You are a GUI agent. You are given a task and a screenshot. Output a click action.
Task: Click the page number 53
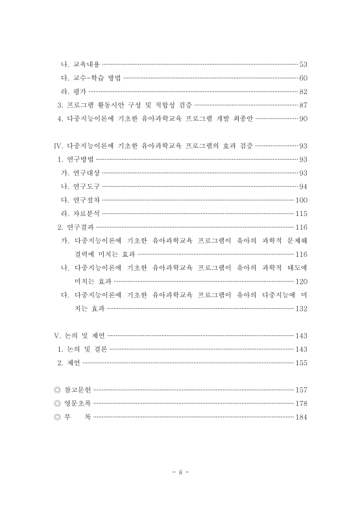pyautogui.click(x=303, y=65)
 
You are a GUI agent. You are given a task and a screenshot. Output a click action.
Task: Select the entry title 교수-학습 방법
pyautogui.click(x=93, y=78)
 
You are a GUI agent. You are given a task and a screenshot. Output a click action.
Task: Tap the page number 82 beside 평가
pyautogui.click(x=303, y=91)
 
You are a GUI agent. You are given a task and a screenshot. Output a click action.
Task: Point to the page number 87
pyautogui.click(x=303, y=105)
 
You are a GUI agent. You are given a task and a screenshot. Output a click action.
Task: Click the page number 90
pyautogui.click(x=303, y=119)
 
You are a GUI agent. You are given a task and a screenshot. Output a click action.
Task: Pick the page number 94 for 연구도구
pyautogui.click(x=303, y=186)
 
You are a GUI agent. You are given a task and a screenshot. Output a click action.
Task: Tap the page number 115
pyautogui.click(x=301, y=213)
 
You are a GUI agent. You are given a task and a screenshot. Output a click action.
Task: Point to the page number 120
pyautogui.click(x=301, y=281)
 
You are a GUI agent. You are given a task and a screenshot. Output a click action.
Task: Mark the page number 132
pyautogui.click(x=301, y=308)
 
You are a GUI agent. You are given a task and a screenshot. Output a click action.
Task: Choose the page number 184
pyautogui.click(x=301, y=416)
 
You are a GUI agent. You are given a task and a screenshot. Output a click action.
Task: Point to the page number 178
pyautogui.click(x=301, y=403)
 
